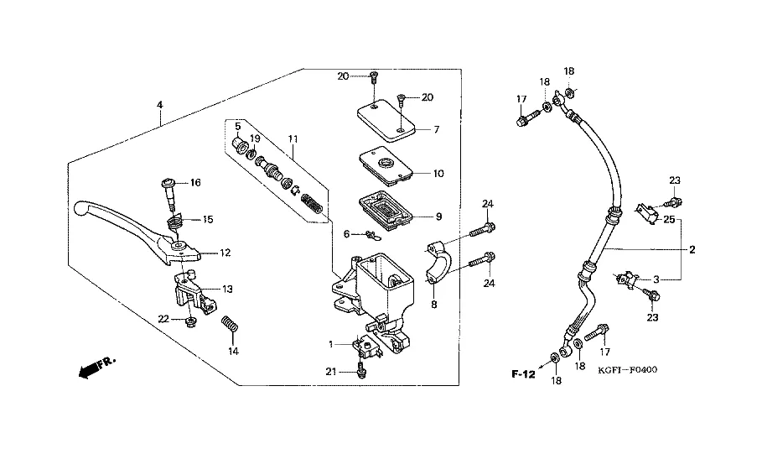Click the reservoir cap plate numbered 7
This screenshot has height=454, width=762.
click(x=385, y=118)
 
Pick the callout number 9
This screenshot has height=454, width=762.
click(x=438, y=216)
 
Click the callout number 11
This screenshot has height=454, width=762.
click(x=292, y=138)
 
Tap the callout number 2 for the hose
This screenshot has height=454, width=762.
click(x=692, y=249)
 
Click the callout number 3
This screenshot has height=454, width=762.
click(x=657, y=279)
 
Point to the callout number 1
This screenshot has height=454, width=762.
click(x=331, y=345)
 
